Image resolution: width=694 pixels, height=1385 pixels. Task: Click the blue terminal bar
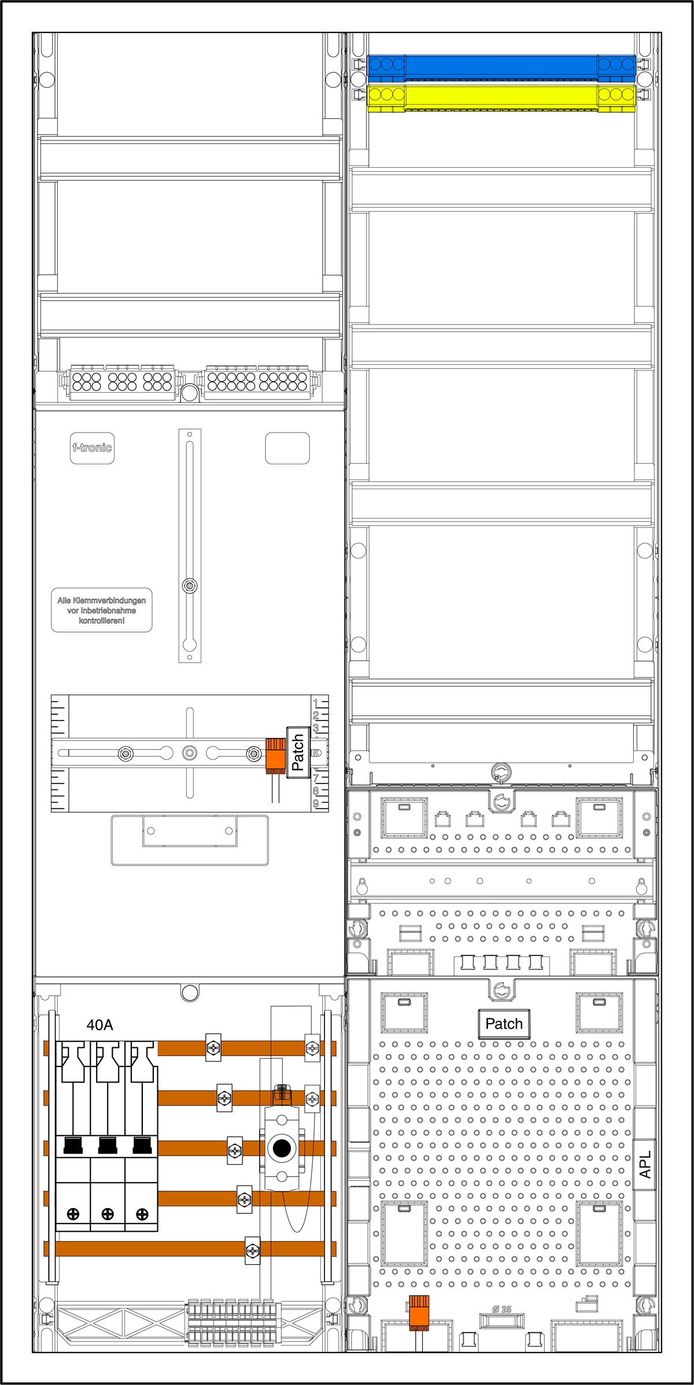501,67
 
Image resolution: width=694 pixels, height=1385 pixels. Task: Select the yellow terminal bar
501,97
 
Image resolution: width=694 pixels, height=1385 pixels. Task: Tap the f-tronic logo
92,448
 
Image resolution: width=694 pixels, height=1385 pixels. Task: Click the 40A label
99,1025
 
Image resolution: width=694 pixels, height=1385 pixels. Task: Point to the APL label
645,1164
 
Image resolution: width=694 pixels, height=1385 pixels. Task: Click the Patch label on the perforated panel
504,1024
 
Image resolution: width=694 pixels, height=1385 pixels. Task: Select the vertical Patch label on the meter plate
298,752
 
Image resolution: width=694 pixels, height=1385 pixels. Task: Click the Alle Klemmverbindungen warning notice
102,610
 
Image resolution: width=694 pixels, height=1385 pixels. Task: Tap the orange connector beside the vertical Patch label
276,755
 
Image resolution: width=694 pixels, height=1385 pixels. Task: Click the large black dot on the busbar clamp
282,1148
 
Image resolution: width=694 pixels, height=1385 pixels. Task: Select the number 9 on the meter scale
316,803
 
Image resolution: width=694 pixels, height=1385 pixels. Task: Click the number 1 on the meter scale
316,703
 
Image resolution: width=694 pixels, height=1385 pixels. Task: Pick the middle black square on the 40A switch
108,1145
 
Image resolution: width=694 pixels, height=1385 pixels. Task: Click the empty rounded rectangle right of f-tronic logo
287,448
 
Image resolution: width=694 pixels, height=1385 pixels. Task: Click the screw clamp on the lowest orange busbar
253,1251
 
